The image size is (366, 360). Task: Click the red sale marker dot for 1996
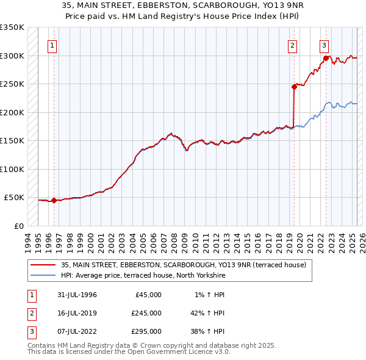click(x=54, y=200)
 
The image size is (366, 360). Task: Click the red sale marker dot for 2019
click(x=294, y=87)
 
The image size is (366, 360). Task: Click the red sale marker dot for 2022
click(x=326, y=59)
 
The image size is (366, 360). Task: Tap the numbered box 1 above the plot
click(x=52, y=45)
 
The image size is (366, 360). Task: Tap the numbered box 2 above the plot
click(x=293, y=45)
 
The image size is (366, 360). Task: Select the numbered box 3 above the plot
click(x=324, y=45)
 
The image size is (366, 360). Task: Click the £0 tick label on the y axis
click(x=18, y=226)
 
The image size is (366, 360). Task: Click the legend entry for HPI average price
click(x=143, y=276)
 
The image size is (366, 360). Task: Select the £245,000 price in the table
click(x=146, y=313)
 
